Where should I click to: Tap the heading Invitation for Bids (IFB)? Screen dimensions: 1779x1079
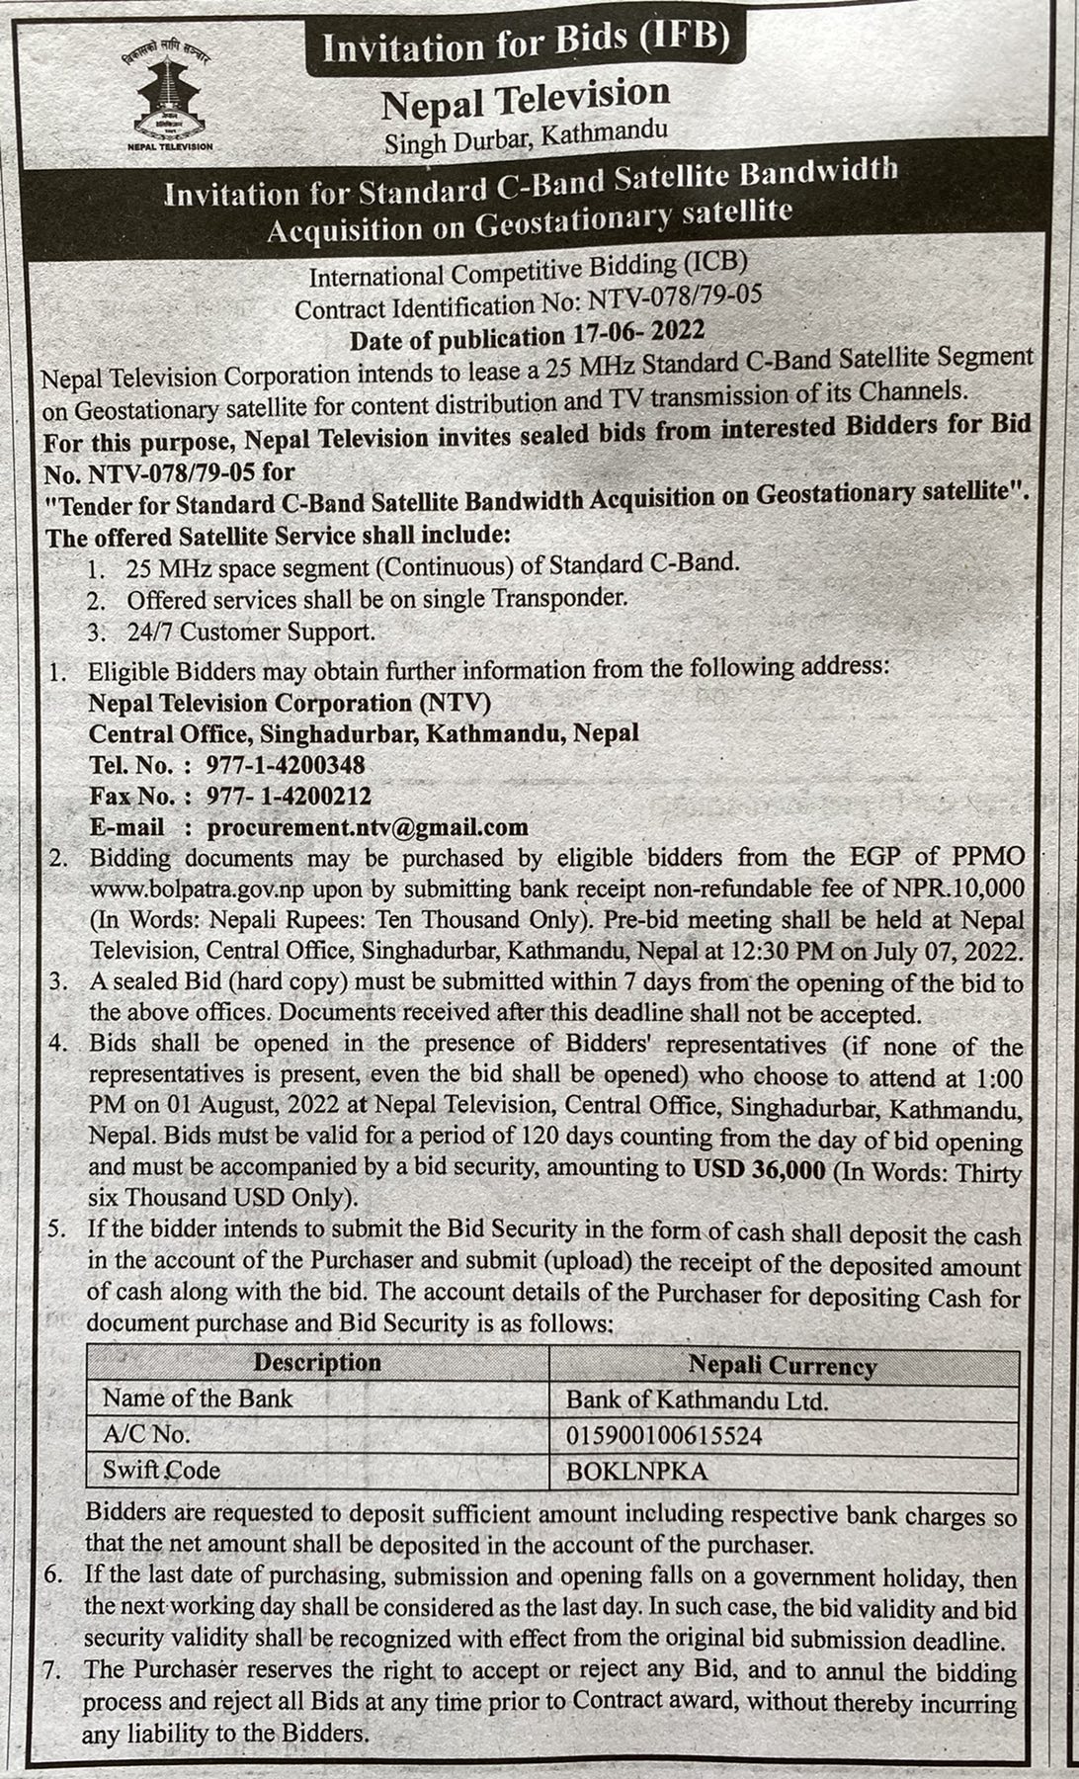[x=525, y=44]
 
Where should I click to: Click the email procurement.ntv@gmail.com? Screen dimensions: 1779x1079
[x=368, y=826]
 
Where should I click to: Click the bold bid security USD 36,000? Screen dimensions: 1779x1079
[x=758, y=1169]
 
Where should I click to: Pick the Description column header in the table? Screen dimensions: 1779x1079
[x=317, y=1362]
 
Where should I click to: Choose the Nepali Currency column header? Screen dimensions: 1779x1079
[x=783, y=1366]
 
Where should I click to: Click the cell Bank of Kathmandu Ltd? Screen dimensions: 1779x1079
[x=697, y=1400]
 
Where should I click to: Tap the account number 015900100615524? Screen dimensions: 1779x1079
[x=664, y=1435]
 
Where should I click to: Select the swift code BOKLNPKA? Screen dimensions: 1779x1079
[x=637, y=1471]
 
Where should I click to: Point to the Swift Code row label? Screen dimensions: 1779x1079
[x=161, y=1470]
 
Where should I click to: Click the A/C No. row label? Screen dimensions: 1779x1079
[x=146, y=1434]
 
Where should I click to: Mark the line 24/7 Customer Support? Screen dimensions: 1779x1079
[x=250, y=632]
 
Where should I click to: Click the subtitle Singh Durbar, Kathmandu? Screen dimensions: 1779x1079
[x=526, y=136]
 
